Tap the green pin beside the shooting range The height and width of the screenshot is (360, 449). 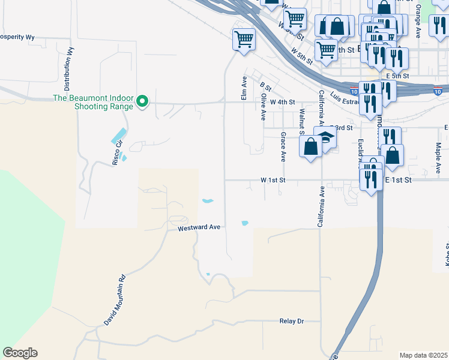tap(142, 102)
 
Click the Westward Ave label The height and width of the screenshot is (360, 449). tap(200, 228)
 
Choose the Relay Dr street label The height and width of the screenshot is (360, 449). tap(292, 321)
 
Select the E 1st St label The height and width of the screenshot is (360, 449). tap(397, 179)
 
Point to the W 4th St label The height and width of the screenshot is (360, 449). tap(282, 102)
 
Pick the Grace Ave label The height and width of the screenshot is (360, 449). tap(283, 148)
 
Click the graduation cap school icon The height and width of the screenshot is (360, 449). tap(325, 137)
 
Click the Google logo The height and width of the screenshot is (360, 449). tap(20, 353)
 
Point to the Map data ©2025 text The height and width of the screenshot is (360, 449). tap(423, 355)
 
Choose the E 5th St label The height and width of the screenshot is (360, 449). tap(398, 76)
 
